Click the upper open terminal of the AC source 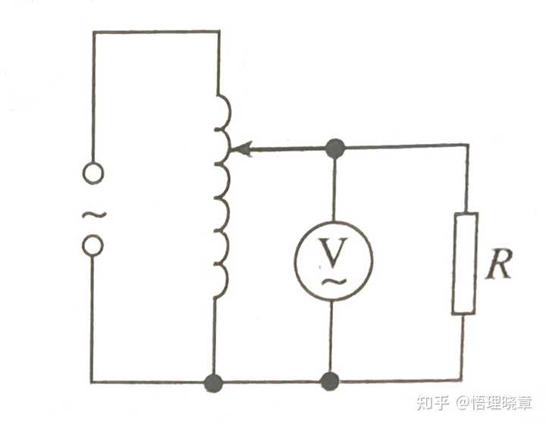pos(93,173)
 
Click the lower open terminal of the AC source pos(93,245)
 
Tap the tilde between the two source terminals pos(92,214)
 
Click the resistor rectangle pos(465,263)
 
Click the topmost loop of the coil pos(223,111)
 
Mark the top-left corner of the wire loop pos(93,33)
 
